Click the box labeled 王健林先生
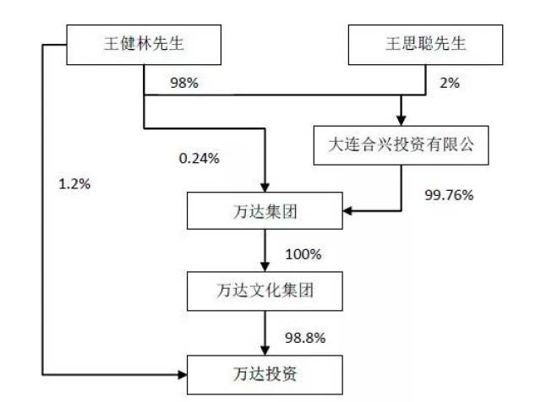144,45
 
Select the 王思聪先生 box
425,45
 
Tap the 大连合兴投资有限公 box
401,145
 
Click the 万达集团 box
265,210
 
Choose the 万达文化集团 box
265,291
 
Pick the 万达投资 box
265,375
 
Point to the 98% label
184,83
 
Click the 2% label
450,83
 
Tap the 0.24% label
199,159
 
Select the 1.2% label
74,184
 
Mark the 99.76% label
449,195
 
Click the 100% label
303,254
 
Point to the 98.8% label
305,338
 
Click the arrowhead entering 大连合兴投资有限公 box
401,121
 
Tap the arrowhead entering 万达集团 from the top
265,187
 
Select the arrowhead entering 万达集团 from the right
347,210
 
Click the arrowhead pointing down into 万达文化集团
265,267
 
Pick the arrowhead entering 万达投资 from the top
265,350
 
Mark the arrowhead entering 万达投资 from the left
182,375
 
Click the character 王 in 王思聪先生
392,44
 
